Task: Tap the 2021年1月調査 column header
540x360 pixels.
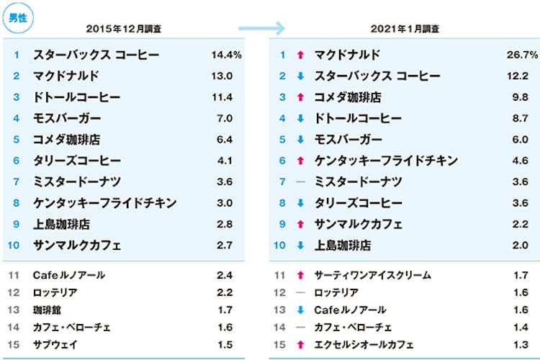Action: [x=405, y=29]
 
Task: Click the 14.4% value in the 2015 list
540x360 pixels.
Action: [x=227, y=55]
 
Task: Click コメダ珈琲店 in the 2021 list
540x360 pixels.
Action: [x=348, y=97]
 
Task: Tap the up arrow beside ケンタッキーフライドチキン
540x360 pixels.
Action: [x=300, y=161]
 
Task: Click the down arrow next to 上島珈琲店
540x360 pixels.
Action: [x=300, y=246]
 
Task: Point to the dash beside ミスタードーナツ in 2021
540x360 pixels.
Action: [x=300, y=181]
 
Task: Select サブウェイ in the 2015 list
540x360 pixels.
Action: [x=55, y=345]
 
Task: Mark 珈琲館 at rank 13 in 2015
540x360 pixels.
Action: [x=48, y=310]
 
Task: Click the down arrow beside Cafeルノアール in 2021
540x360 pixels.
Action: [x=300, y=310]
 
